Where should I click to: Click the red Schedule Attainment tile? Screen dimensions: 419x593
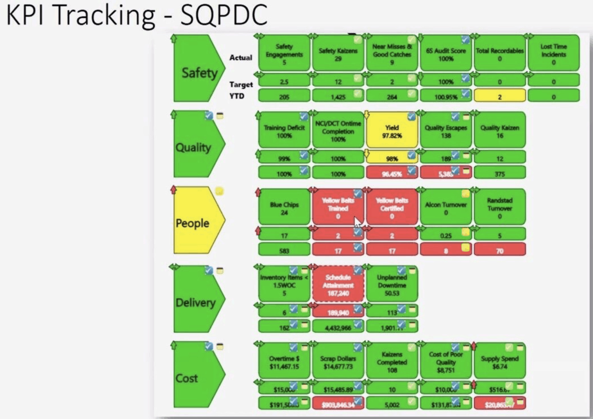pyautogui.click(x=338, y=284)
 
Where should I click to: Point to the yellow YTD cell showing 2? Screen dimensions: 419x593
pyautogui.click(x=499, y=97)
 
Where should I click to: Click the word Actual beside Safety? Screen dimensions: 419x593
pyautogui.click(x=241, y=57)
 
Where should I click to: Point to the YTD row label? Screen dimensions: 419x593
pyautogui.click(x=237, y=96)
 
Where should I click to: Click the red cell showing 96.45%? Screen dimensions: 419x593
pyautogui.click(x=392, y=173)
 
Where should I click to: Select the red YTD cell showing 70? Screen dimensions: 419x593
pyautogui.click(x=499, y=250)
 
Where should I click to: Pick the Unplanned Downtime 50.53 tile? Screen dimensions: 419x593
pyautogui.click(x=392, y=284)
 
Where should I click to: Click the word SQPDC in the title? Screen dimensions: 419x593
pyautogui.click(x=224, y=15)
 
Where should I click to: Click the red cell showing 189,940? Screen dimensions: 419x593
pyautogui.click(x=338, y=312)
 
